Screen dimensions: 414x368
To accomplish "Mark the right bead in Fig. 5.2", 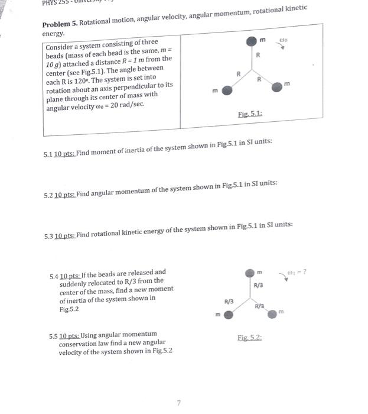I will (x=271, y=315).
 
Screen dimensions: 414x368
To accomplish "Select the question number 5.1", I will (x=48, y=155).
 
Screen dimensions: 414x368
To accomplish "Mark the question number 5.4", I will (x=54, y=273).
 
